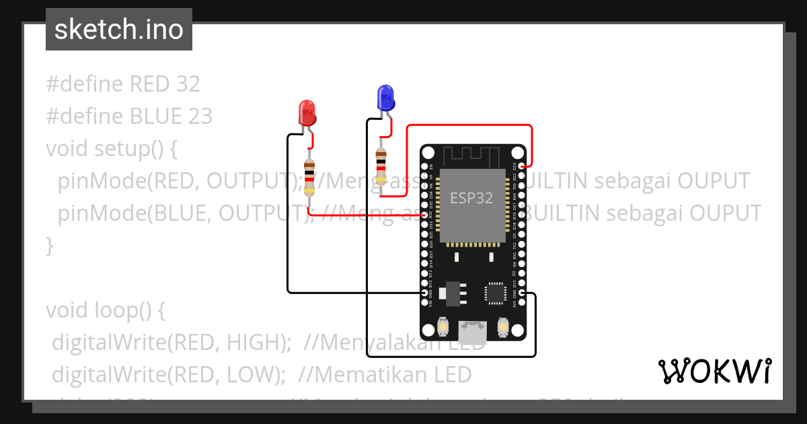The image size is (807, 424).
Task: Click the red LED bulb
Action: pos(307,112)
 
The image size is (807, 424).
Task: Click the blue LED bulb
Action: pos(385,98)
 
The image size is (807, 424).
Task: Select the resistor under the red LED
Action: pos(309,176)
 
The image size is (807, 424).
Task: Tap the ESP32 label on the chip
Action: pos(471,198)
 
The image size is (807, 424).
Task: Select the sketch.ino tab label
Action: pos(119,30)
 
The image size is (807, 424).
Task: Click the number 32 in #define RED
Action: pos(188,84)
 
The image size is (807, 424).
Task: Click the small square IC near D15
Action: pos(496,293)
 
